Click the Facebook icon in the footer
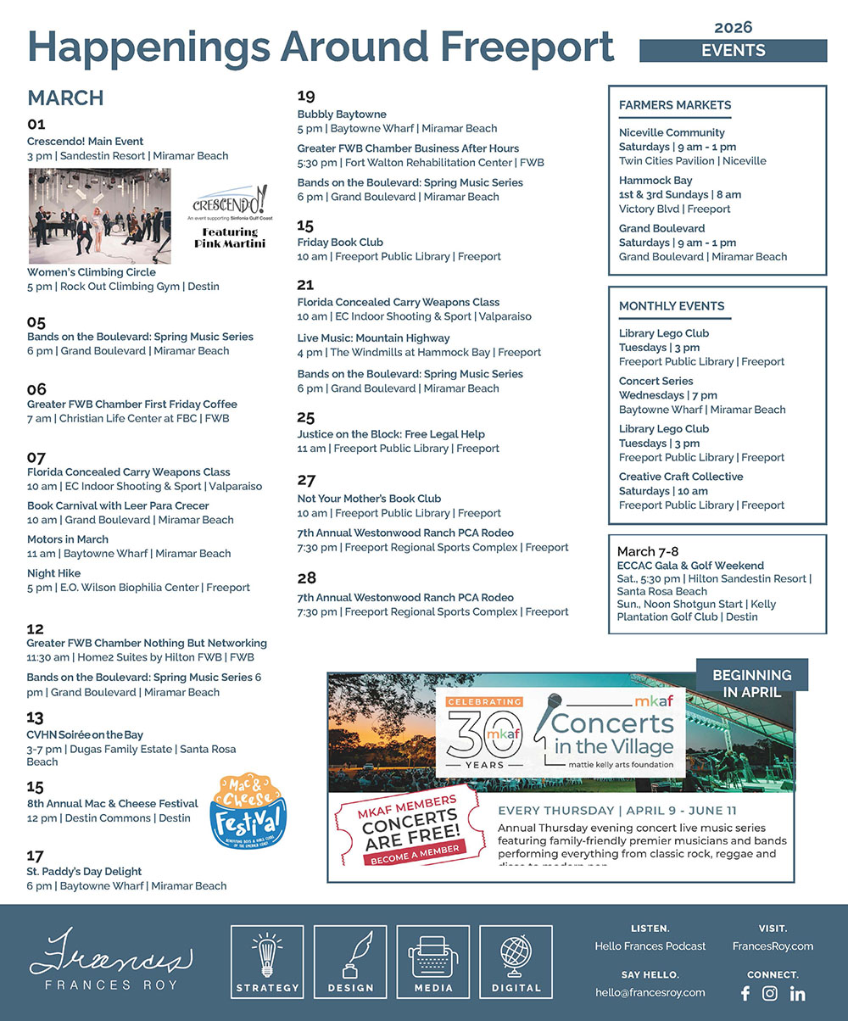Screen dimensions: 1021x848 click(x=745, y=993)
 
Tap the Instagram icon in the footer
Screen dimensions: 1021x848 click(x=770, y=993)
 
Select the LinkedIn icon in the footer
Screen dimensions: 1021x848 click(x=797, y=993)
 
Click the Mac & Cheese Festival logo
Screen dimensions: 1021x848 click(x=248, y=810)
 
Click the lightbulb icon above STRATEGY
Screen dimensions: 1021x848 click(x=267, y=955)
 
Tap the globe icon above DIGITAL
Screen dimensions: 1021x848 click(x=516, y=955)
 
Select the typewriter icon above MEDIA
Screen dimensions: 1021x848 click(x=432, y=955)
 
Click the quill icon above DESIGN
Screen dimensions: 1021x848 click(x=350, y=955)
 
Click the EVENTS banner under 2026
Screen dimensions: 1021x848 click(x=733, y=51)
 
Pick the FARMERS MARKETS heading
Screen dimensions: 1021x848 click(x=675, y=105)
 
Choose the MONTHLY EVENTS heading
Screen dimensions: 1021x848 click(x=672, y=306)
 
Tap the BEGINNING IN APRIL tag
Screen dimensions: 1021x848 click(x=752, y=683)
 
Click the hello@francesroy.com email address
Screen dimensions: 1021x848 click(x=650, y=993)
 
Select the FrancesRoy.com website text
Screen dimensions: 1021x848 click(x=773, y=946)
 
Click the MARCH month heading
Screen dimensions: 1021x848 click(x=65, y=98)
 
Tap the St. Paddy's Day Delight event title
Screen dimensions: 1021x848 click(x=84, y=872)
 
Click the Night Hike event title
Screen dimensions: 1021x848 click(x=53, y=573)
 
